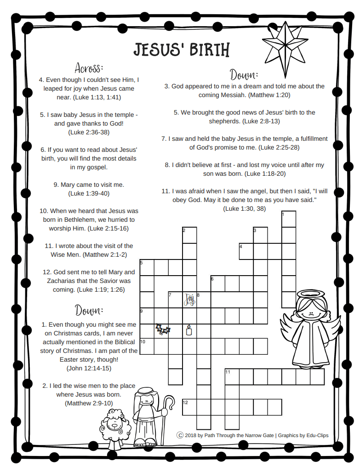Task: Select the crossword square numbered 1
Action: point(289,219)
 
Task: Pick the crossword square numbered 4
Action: point(246,251)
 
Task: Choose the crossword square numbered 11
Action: point(232,376)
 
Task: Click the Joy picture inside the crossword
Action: point(189,300)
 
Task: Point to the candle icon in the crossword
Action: point(188,329)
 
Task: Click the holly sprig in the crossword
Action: point(162,329)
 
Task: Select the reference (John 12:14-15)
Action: point(88,369)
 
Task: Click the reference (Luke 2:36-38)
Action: point(89,132)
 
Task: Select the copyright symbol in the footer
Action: point(180,435)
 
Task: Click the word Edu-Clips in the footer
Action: point(317,435)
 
